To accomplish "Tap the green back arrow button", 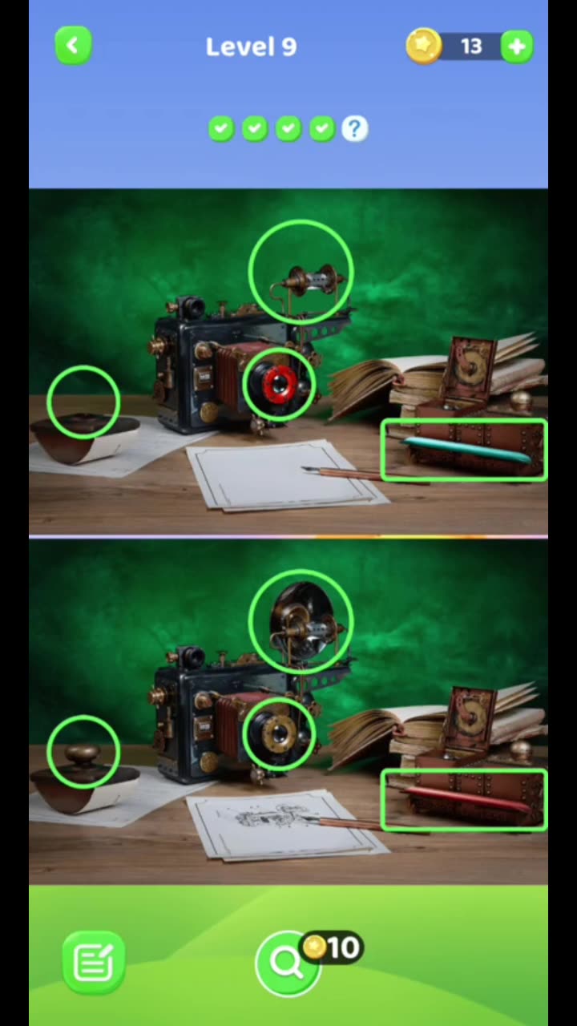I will [73, 46].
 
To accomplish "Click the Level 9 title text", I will [251, 46].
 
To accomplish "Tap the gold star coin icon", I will [423, 46].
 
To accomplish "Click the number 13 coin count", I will [471, 46].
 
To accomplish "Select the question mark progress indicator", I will [354, 128].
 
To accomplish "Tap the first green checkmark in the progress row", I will [221, 128].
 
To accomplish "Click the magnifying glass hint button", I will [286, 962].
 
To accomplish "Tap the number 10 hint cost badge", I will [333, 948].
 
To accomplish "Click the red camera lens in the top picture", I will [279, 386].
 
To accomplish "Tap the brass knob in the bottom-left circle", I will [83, 753].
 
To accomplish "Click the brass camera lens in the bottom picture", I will [279, 733].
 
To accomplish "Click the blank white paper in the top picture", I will [264, 477].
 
